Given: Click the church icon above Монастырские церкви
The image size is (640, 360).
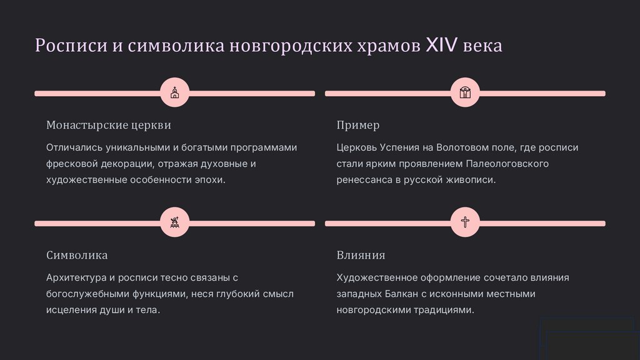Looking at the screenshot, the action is pos(174,94).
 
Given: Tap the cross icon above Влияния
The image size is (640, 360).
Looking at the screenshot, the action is pos(465,223).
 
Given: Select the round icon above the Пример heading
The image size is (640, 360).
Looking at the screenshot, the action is pos(465,94).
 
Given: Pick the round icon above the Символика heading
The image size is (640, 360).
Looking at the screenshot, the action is pos(174,223).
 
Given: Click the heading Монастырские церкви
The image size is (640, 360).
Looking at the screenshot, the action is pos(109,125).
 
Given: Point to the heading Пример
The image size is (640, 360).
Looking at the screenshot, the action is pos(358,125).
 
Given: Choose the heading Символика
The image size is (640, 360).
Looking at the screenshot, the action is pos(77,255).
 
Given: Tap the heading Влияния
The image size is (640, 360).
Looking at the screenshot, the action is pos(361,255).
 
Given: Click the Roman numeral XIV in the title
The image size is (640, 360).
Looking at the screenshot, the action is pos(442,46).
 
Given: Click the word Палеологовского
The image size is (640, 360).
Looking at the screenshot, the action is pos(507,164).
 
